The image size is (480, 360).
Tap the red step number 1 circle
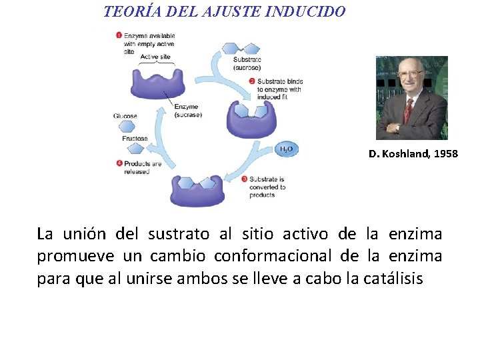[119, 35]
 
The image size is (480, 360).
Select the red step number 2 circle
[252, 81]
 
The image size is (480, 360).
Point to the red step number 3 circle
[244, 179]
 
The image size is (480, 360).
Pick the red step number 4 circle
[119, 163]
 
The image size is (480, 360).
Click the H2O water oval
[286, 150]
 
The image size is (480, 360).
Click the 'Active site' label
[154, 57]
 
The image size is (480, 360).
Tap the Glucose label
[125, 116]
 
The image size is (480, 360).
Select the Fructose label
[135, 139]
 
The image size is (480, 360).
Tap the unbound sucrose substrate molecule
[238, 49]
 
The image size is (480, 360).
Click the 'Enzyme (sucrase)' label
[187, 111]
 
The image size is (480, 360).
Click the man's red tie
[408, 108]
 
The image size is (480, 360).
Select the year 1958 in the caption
[446, 154]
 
